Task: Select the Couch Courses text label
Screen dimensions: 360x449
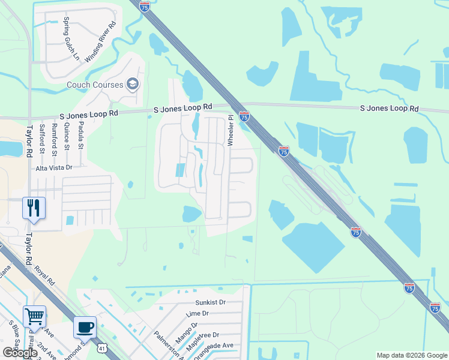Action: (x=95, y=85)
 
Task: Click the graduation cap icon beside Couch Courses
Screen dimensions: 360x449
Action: (x=133, y=84)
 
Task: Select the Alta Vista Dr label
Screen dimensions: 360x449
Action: (x=53, y=169)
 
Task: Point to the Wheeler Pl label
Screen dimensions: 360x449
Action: (x=230, y=130)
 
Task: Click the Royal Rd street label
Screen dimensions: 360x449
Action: (x=44, y=275)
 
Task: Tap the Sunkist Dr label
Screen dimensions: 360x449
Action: (x=209, y=303)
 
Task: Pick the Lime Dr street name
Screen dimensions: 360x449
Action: (x=197, y=313)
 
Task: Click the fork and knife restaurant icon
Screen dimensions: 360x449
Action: (x=33, y=208)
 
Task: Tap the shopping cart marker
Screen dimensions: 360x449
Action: (x=34, y=316)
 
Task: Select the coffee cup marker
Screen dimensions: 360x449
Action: (x=85, y=327)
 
